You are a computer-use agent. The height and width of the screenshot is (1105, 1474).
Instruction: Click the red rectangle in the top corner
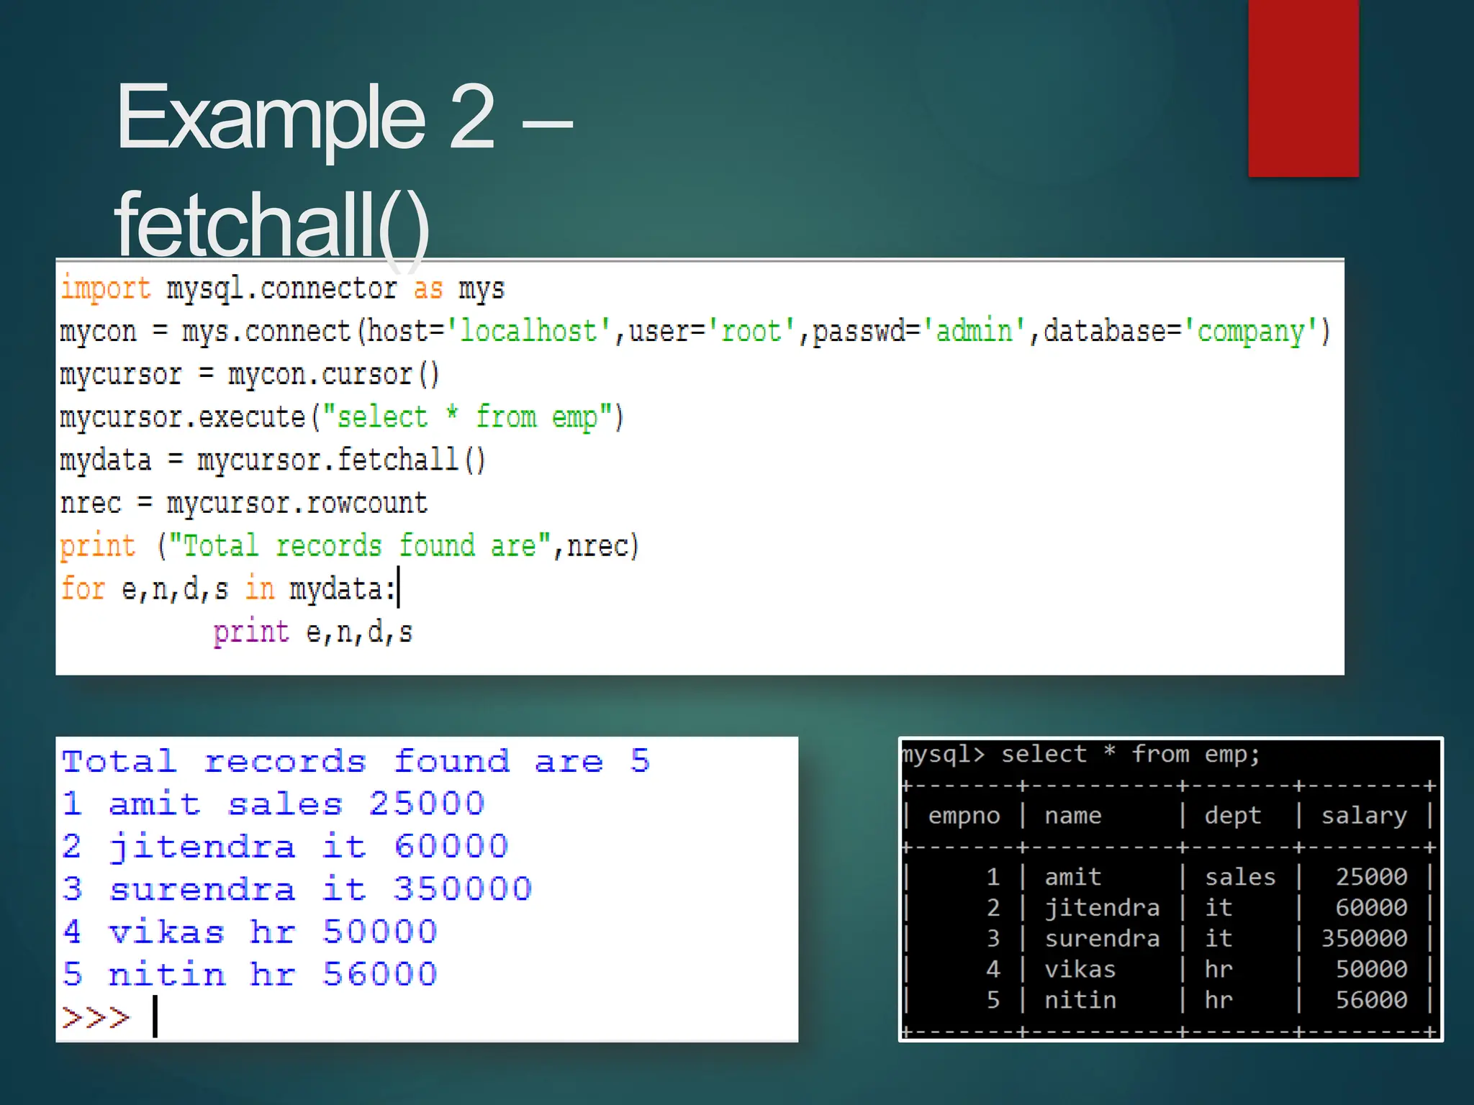[1303, 88]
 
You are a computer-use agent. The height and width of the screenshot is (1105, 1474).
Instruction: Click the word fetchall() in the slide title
[272, 224]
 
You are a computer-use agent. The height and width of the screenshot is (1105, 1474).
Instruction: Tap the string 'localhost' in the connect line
[528, 332]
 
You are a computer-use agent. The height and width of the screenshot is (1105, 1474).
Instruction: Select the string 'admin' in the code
[974, 332]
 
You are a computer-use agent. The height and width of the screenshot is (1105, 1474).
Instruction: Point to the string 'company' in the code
[1250, 332]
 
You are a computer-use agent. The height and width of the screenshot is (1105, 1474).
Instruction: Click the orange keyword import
[105, 288]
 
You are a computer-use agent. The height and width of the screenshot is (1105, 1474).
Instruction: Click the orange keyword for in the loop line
[83, 588]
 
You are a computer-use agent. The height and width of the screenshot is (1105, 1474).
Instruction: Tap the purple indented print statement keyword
[250, 632]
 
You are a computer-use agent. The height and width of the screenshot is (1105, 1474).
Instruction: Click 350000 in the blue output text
[462, 889]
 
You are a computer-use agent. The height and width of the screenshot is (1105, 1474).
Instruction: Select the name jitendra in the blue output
[202, 847]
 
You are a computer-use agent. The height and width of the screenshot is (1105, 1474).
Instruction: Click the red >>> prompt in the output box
[96, 1017]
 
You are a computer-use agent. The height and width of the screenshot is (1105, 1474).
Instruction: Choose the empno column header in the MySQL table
[964, 816]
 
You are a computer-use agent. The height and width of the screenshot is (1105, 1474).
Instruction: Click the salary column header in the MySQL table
[1364, 816]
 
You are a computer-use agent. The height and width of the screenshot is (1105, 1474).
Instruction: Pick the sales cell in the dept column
[1239, 877]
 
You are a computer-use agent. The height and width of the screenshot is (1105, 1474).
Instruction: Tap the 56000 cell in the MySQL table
[1371, 1000]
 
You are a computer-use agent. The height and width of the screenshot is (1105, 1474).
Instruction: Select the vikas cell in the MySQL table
[1080, 969]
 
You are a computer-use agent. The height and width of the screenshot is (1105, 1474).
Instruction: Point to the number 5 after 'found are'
[640, 761]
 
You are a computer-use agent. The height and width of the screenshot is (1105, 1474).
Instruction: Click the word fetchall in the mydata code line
[397, 460]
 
